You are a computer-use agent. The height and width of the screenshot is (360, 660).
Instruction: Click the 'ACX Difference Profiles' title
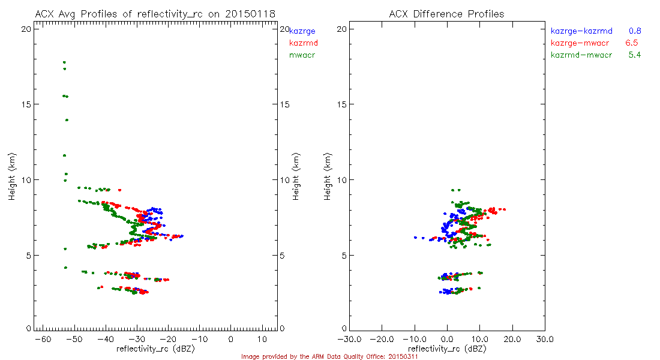coord(446,14)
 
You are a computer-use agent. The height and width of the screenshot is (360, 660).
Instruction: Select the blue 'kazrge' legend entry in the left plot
coord(302,31)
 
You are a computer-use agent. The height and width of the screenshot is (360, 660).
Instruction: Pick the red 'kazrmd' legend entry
coord(304,43)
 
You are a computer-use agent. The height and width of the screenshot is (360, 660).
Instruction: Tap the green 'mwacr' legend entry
coord(302,55)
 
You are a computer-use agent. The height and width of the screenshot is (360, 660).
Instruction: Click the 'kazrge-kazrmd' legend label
coord(581,31)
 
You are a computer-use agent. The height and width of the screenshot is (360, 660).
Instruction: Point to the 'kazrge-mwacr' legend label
coord(579,43)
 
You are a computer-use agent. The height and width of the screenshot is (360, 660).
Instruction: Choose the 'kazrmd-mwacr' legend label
coord(581,55)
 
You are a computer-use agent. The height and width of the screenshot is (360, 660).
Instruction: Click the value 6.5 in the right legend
coord(631,43)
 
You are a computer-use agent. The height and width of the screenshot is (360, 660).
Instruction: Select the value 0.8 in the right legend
coord(635,31)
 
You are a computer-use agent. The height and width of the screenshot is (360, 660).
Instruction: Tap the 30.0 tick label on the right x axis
coord(545,340)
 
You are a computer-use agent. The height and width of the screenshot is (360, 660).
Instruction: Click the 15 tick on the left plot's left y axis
coord(26,104)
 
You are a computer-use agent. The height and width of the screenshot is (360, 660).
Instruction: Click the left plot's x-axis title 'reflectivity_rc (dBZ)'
coord(155,349)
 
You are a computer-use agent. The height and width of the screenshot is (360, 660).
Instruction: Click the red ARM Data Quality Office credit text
coord(329,356)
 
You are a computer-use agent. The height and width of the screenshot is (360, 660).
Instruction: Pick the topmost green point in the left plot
coord(64,62)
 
